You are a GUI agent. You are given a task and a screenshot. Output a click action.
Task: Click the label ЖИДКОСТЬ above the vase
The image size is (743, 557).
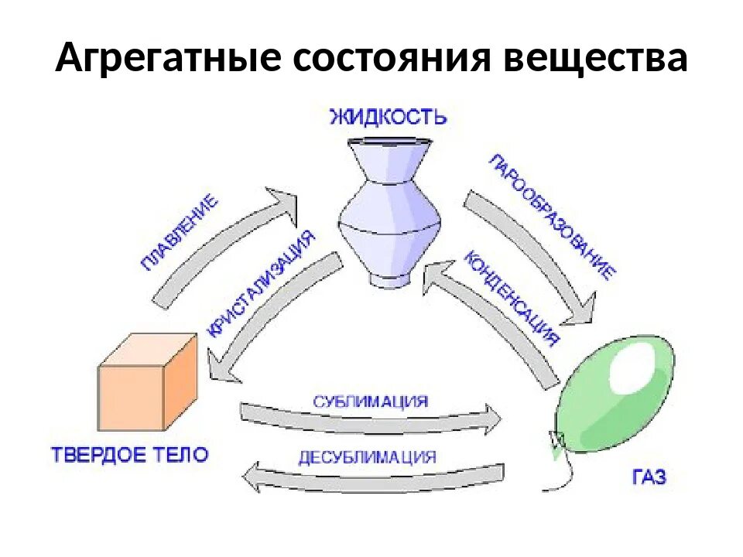[388, 118]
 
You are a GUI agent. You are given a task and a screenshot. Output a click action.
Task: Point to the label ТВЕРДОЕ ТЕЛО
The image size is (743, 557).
[129, 454]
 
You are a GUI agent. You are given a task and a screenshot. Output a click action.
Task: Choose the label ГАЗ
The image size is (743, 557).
[648, 477]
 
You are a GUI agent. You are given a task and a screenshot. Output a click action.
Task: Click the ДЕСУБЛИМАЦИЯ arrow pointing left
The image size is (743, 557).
[371, 476]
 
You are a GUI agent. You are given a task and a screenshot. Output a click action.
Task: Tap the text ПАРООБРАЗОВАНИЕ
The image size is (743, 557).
[553, 216]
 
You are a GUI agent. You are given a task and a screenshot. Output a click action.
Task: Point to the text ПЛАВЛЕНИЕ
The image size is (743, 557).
[180, 233]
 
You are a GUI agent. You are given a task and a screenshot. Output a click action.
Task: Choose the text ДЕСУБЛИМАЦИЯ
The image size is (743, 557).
[367, 456]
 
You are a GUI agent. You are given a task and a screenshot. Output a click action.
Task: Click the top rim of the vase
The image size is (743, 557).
[389, 142]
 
